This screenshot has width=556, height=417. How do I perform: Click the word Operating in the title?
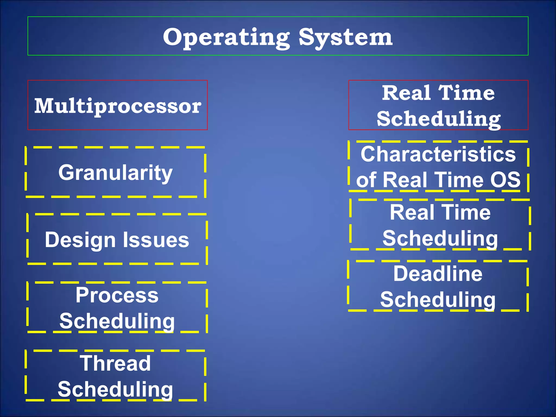click(226, 37)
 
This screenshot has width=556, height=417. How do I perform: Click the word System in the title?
click(345, 37)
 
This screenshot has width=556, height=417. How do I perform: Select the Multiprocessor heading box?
click(118, 105)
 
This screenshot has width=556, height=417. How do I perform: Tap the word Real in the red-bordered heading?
click(406, 93)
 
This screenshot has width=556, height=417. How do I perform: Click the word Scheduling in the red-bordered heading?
click(438, 119)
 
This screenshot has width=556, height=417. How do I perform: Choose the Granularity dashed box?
click(115, 172)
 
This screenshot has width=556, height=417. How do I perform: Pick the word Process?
click(117, 295)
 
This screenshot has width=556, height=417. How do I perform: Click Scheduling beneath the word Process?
click(117, 321)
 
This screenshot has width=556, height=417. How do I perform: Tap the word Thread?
click(115, 363)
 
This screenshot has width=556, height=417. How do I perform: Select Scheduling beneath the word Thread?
click(115, 389)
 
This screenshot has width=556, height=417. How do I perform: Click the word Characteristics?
click(438, 154)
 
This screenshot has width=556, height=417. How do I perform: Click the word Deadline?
click(438, 274)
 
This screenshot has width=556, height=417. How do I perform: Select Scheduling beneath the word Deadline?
click(438, 300)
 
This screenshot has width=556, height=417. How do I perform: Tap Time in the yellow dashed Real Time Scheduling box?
click(465, 212)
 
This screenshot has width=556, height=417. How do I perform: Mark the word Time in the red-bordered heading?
click(466, 93)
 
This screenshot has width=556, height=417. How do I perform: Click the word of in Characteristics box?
click(366, 180)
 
